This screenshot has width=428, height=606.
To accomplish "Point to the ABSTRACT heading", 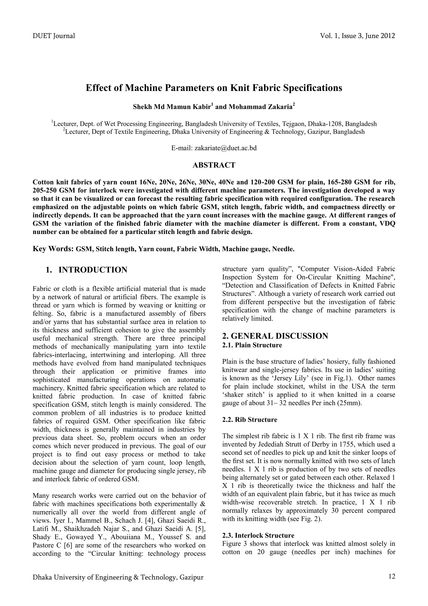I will click(214, 165).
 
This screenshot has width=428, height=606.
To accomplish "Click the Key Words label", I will click(53, 249).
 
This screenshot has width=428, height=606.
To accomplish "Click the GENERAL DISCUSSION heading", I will click(275, 336).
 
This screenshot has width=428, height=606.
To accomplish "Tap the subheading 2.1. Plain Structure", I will click(252, 345).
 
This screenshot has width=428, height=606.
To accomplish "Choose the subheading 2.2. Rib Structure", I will click(250, 420).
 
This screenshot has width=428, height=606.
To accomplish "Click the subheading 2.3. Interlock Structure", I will click(258, 536).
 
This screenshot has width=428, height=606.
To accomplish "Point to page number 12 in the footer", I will click(392, 577).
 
